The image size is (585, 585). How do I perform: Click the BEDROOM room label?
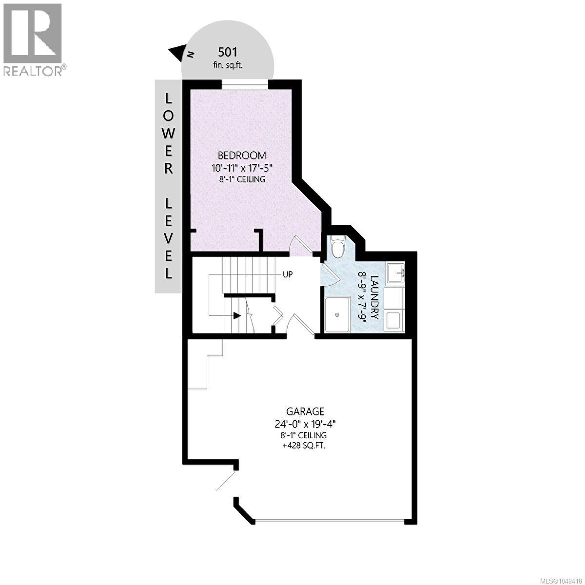[242, 156]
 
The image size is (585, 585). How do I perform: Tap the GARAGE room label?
[305, 411]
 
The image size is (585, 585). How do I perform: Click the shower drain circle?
[337, 315]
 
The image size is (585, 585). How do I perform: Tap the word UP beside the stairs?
[288, 274]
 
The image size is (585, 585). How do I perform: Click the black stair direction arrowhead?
[237, 316]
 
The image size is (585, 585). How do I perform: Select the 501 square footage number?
[228, 53]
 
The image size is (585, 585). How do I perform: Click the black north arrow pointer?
[177, 52]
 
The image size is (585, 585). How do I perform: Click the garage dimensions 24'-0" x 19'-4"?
[305, 424]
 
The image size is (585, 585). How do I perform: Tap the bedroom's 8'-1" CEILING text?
[242, 179]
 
